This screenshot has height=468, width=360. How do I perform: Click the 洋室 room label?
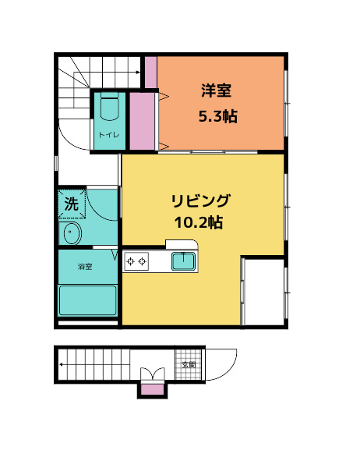click(x=216, y=90)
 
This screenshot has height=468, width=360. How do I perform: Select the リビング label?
click(x=200, y=200)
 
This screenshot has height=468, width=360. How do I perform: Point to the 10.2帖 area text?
click(x=199, y=222)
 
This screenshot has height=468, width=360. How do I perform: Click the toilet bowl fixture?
click(x=109, y=108)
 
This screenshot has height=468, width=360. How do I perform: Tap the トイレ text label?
click(x=108, y=136)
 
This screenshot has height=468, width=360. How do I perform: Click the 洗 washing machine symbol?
click(x=71, y=205)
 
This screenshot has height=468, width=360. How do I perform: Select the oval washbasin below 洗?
click(x=71, y=232)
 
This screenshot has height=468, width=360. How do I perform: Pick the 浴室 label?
click(x=85, y=268)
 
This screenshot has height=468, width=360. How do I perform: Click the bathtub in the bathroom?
click(x=88, y=300)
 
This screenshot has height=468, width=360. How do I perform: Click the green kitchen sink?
click(x=183, y=261)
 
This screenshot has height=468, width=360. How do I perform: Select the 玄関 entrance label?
click(x=189, y=364)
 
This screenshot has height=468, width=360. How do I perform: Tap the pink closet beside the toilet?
click(x=141, y=121)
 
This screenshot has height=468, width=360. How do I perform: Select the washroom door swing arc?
click(x=101, y=204)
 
